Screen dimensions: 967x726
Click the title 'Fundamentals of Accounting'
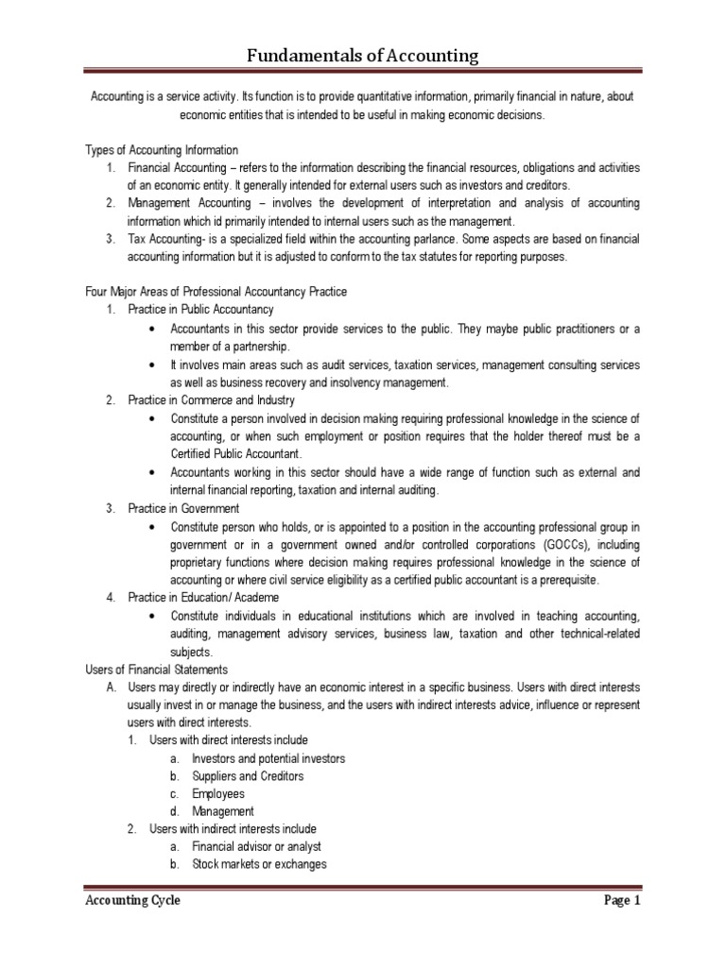point(363,57)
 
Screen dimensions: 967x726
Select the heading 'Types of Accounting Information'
point(162,150)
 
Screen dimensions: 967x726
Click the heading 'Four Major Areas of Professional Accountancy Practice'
point(216,292)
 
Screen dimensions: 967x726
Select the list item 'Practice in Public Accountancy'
point(201,310)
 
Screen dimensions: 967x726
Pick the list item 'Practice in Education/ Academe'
point(203,598)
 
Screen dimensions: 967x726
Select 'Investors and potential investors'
point(268,758)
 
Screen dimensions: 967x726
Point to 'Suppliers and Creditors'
point(248,776)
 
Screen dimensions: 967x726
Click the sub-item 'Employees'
point(218,794)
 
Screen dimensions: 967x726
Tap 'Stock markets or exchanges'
point(259,865)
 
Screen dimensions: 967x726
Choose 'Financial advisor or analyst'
point(256,847)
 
